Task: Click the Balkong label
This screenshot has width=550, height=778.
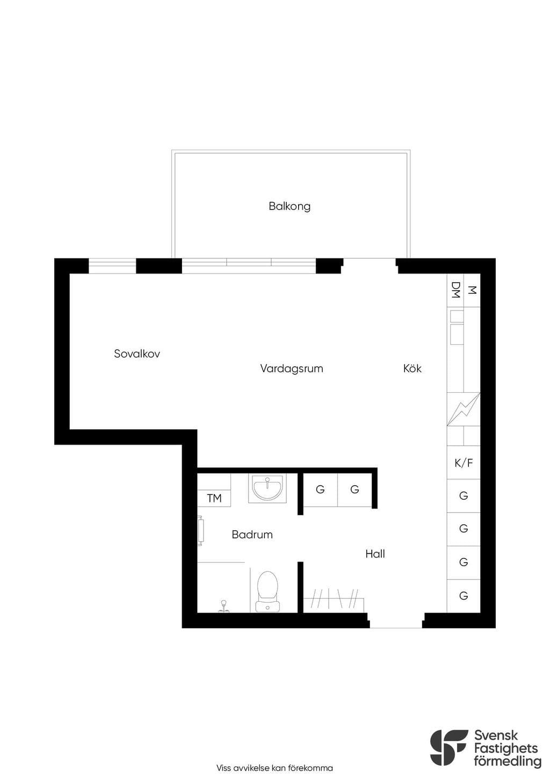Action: point(290,207)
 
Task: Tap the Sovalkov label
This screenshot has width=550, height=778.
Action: point(137,354)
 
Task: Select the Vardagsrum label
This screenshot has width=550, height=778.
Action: point(292,369)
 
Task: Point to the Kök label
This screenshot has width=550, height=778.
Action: point(412,368)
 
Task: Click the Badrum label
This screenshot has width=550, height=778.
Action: point(252,535)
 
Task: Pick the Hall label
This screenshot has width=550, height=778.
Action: point(375,553)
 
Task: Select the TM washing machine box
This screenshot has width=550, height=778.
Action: point(214,499)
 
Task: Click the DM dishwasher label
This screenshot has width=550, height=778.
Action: point(455,290)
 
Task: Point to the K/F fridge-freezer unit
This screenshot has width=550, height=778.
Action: point(464,463)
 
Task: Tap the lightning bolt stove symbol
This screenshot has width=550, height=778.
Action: point(464,409)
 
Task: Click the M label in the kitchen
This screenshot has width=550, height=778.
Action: point(472,290)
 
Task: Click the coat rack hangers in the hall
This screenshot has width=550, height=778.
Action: point(334,598)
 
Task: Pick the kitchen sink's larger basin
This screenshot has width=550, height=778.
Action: point(457,335)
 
